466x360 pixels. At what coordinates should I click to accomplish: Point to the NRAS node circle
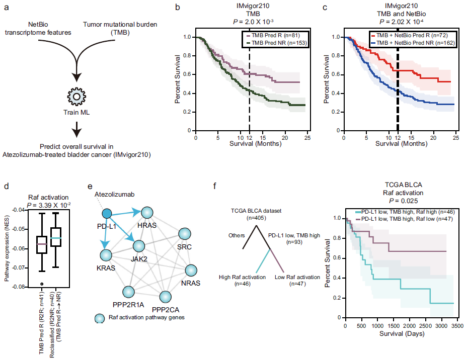[x=192, y=270]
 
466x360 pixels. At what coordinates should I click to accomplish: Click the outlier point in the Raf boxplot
[x=42, y=284]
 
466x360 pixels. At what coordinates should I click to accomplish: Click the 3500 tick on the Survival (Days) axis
[x=457, y=327]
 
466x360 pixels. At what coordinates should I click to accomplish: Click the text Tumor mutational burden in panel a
[x=119, y=24]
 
